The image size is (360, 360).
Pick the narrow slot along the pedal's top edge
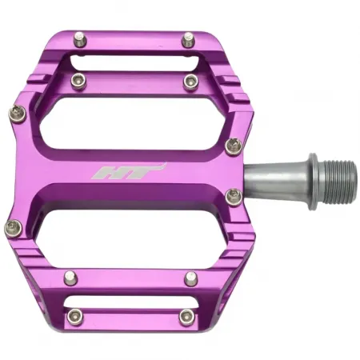click(132, 62)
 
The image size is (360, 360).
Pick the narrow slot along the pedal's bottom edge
click(132, 302)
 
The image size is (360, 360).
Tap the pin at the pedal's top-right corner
click(189, 38)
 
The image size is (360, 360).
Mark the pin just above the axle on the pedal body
click(233, 145)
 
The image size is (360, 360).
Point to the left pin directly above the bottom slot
click(70, 278)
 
